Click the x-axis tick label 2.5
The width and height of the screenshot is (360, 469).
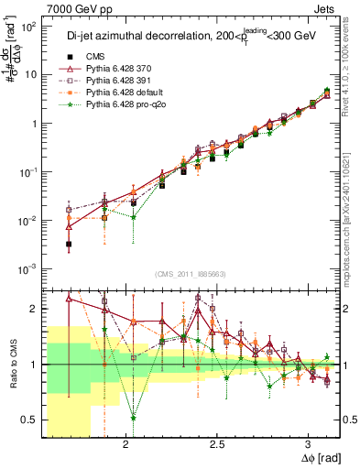click(x=217, y=444)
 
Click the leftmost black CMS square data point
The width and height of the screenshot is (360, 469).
click(x=69, y=245)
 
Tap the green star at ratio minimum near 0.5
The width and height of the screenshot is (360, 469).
click(x=134, y=417)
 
